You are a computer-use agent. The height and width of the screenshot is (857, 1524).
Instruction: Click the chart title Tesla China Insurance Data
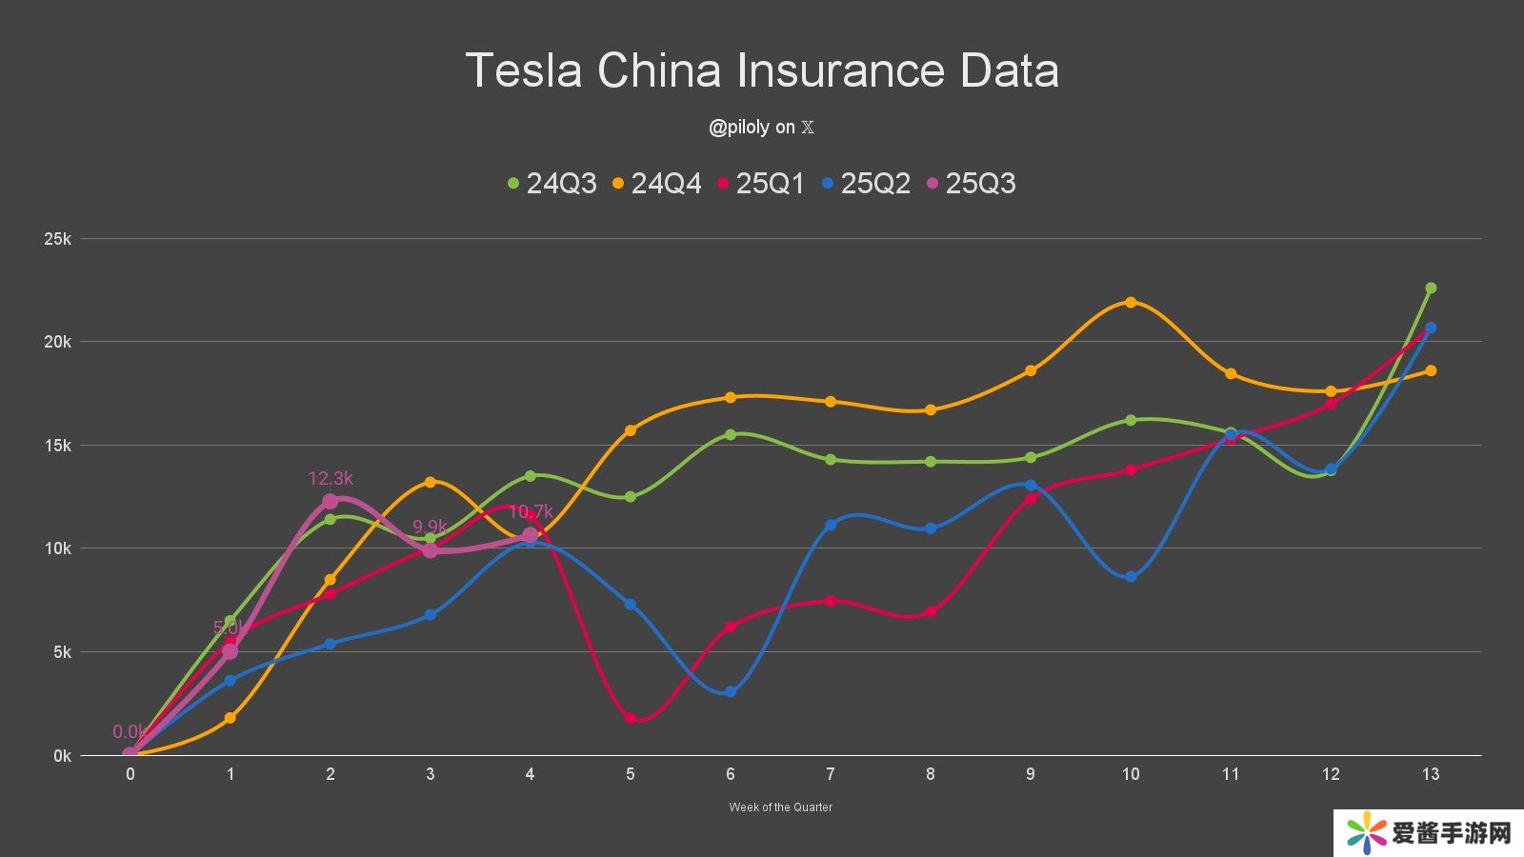coord(762,70)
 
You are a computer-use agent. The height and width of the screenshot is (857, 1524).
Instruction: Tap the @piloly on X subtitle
coord(761,128)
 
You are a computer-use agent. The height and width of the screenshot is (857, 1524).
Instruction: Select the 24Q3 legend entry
coord(552,183)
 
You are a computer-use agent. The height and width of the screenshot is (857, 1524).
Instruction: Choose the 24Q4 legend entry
coord(657,183)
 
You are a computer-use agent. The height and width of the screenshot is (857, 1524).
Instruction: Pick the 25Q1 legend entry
coord(761,183)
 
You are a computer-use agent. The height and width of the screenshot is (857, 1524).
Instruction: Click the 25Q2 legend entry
coord(866,183)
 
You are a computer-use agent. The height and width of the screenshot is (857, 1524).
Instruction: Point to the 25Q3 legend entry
coord(971,183)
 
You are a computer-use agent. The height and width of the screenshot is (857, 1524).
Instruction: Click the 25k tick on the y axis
coord(58,239)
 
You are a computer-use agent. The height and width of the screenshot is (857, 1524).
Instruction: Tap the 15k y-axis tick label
coord(58,446)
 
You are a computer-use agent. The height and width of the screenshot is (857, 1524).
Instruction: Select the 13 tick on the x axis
coord(1430,774)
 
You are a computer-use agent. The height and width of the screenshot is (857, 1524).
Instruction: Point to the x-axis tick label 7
coord(831,774)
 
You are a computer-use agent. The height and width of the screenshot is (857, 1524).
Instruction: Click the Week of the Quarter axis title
coord(780,807)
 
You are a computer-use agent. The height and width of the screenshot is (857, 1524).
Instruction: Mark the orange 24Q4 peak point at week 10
coord(1131,302)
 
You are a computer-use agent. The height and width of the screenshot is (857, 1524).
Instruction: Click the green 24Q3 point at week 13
coord(1431,288)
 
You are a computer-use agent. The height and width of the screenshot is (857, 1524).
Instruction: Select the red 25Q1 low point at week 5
coord(631,718)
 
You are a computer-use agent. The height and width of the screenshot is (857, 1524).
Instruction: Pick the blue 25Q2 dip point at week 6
coord(731,691)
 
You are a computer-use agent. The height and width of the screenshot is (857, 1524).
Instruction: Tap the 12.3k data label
coord(331,479)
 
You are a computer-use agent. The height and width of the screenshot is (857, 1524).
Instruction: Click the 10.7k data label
coord(531,511)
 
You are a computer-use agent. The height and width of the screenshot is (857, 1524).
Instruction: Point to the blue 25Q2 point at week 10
coord(1131,576)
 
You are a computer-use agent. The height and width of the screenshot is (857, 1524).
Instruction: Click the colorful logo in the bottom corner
coord(1366,834)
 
